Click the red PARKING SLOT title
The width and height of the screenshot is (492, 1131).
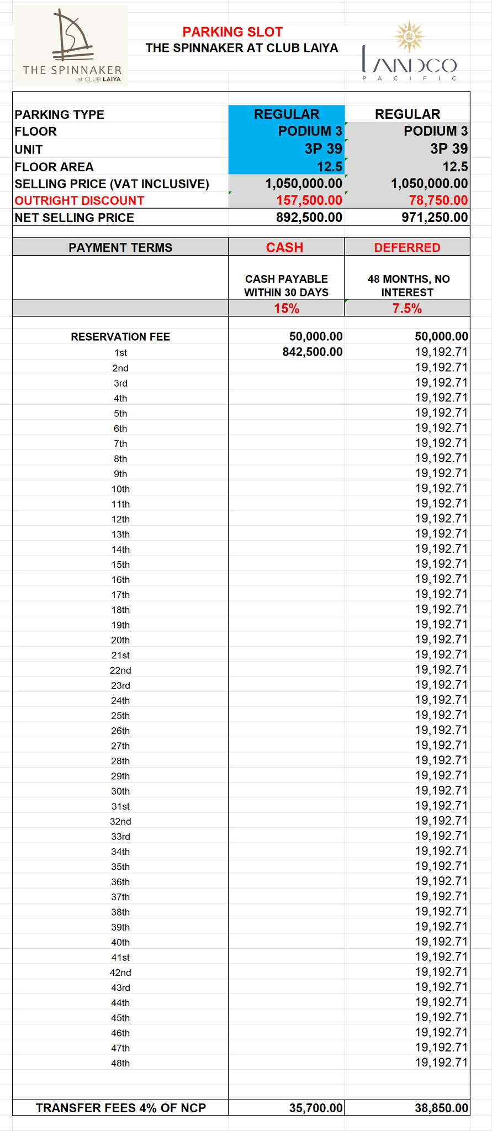pyautogui.click(x=232, y=32)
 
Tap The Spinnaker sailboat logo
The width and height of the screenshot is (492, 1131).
pyautogui.click(x=72, y=39)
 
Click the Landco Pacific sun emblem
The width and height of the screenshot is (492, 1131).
pyautogui.click(x=409, y=36)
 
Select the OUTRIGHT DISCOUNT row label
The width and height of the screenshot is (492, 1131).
pyautogui.click(x=80, y=200)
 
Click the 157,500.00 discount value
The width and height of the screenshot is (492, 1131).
pyautogui.click(x=309, y=200)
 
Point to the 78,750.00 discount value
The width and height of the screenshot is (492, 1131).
pyautogui.click(x=438, y=200)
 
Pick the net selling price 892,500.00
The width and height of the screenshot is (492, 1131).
pyautogui.click(x=309, y=218)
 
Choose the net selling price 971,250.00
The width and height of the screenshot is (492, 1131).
pyautogui.click(x=435, y=218)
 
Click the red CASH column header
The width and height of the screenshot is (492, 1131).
pyautogui.click(x=284, y=247)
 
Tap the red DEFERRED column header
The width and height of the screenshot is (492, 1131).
pyautogui.click(x=407, y=247)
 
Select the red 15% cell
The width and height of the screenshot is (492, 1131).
pyautogui.click(x=287, y=309)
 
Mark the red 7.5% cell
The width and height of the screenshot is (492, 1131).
pyautogui.click(x=407, y=309)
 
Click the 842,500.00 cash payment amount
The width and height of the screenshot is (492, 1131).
pyautogui.click(x=313, y=352)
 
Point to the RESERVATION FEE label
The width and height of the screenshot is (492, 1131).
pyautogui.click(x=120, y=337)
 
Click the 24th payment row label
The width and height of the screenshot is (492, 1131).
pyautogui.click(x=120, y=701)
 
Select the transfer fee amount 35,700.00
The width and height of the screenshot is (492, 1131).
pyautogui.click(x=316, y=1108)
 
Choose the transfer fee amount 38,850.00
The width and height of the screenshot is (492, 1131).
pyautogui.click(x=442, y=1108)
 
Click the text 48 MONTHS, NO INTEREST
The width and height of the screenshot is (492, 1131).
pyautogui.click(x=408, y=286)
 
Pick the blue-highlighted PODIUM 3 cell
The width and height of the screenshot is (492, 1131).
pyautogui.click(x=310, y=131)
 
